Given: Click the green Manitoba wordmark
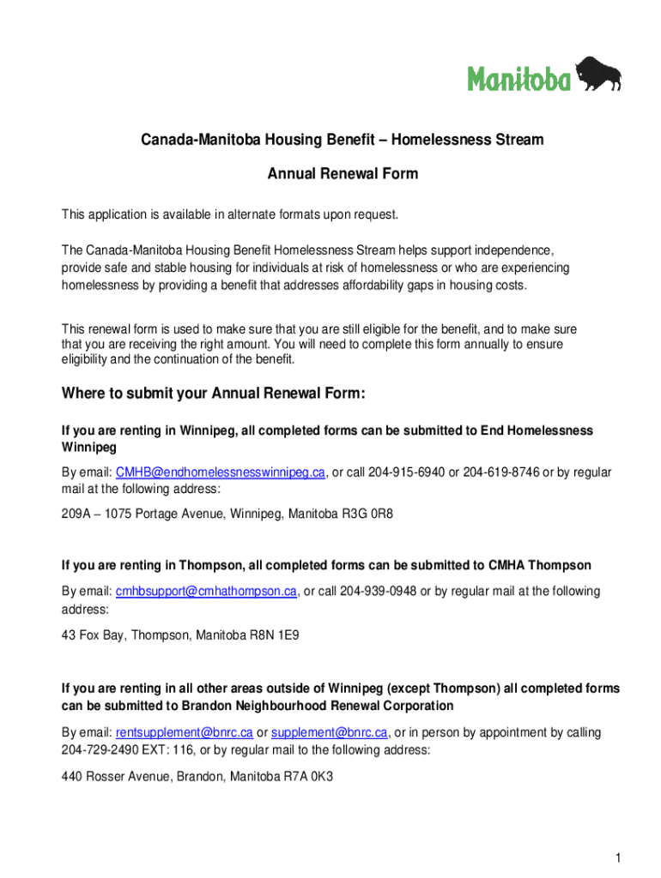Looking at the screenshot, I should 518,80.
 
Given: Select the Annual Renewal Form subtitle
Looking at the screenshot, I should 343,174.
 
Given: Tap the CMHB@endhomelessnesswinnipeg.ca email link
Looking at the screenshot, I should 220,473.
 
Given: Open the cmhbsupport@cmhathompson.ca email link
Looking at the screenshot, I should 206,592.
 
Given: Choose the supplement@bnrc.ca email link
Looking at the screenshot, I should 329,732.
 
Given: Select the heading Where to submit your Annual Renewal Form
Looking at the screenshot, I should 214,394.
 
